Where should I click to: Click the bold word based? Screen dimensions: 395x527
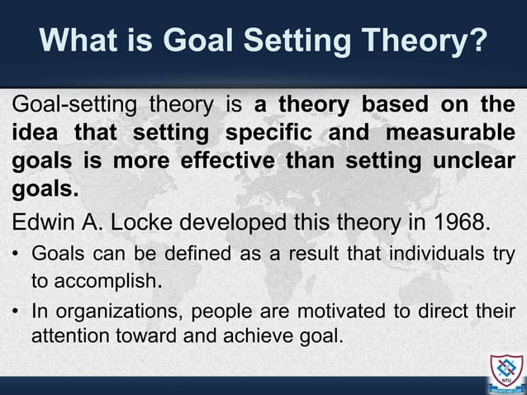(392, 107)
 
